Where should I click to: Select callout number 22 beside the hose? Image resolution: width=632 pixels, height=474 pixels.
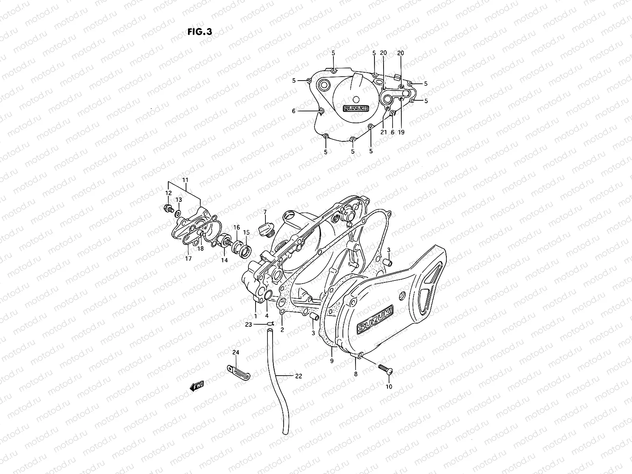(298, 376)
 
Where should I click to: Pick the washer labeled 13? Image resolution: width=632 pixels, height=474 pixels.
(179, 214)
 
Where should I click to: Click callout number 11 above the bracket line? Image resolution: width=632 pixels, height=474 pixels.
(184, 179)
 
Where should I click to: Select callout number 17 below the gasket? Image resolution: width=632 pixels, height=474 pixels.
(188, 259)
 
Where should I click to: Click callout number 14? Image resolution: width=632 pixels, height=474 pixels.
(224, 260)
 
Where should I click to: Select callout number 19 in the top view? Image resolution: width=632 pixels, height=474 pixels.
(401, 133)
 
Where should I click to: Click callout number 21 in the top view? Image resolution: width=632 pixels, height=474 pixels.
(384, 133)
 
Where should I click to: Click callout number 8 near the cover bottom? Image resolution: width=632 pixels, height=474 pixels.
(355, 374)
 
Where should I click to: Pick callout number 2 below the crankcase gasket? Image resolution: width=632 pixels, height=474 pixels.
(282, 329)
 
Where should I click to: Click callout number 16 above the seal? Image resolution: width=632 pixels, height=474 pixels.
(236, 228)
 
